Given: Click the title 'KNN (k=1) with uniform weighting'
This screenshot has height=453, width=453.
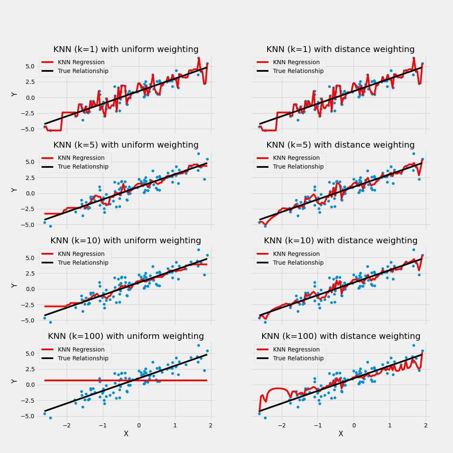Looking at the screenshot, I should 126,49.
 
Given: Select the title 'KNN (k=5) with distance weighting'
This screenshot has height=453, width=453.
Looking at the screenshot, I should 341,145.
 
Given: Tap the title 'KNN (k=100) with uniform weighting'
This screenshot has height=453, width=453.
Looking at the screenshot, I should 126,336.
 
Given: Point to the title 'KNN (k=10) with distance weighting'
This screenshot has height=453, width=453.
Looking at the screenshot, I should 341,241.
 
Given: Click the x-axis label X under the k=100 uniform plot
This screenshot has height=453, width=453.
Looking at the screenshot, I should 126,434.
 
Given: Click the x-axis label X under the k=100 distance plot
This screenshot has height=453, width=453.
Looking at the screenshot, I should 341,434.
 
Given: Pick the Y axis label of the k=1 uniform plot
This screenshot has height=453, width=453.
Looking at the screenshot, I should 15,94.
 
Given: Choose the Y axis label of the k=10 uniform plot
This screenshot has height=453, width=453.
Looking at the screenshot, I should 15,285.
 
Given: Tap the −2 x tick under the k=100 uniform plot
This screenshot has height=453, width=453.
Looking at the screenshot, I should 66,425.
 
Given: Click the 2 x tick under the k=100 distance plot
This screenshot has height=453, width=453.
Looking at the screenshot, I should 426,425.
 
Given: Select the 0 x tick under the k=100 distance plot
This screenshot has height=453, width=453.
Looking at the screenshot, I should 354,425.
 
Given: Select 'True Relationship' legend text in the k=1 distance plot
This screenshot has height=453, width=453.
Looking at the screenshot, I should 298,71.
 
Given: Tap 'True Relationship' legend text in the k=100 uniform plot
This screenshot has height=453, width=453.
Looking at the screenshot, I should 83,358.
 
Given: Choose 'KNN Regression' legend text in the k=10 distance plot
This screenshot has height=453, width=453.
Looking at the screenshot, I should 296,254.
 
